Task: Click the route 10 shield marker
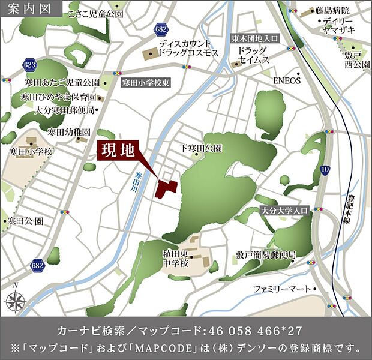click(325, 170)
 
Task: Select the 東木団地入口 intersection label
click(256, 38)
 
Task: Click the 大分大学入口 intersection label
click(284, 211)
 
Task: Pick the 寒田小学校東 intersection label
click(146, 83)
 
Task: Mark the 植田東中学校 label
click(175, 259)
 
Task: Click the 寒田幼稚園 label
click(69, 131)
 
